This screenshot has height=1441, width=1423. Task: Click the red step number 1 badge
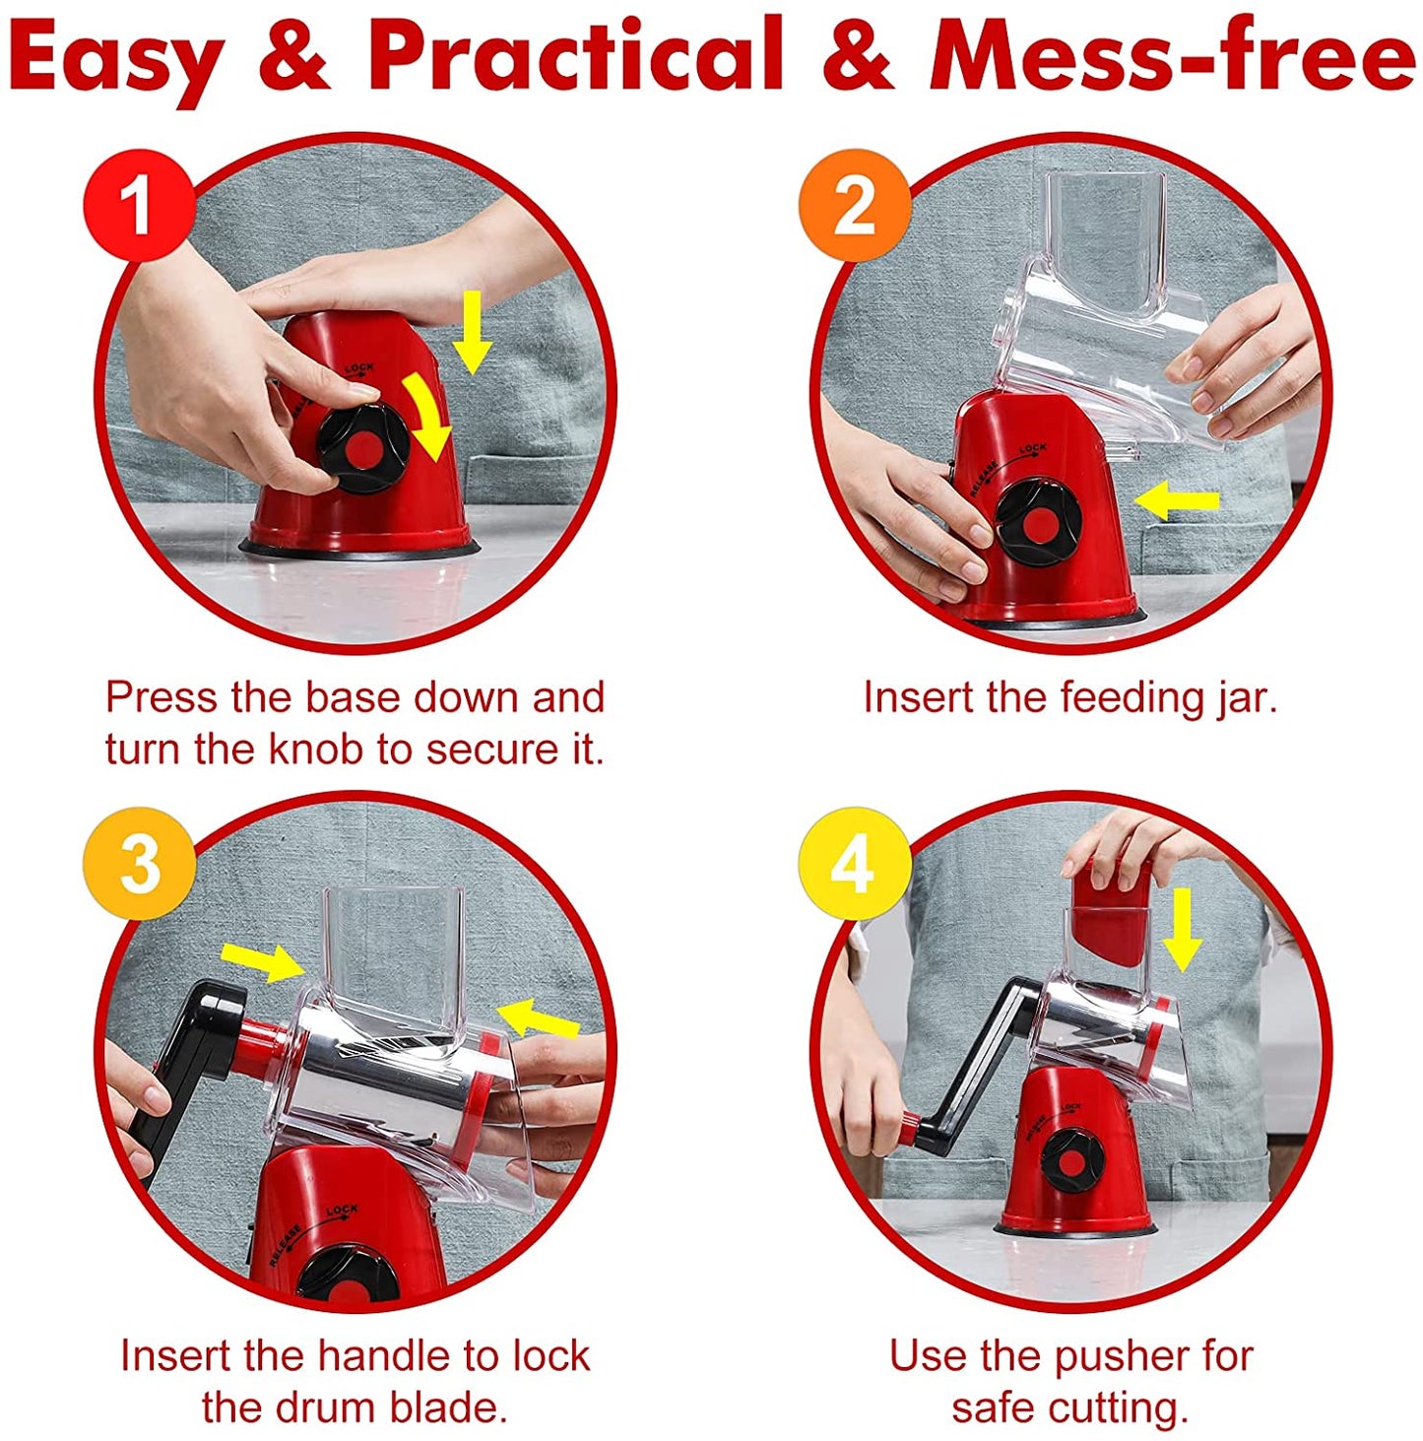pyautogui.click(x=140, y=207)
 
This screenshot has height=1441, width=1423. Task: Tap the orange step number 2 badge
pyautogui.click(x=854, y=207)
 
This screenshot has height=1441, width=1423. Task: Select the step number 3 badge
pyautogui.click(x=140, y=865)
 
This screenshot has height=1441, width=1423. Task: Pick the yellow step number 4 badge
pyautogui.click(x=854, y=865)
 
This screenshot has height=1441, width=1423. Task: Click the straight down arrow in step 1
pyautogui.click(x=474, y=333)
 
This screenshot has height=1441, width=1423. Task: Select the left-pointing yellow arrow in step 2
pyautogui.click(x=1176, y=500)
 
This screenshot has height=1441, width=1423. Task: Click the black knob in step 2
pyautogui.click(x=1037, y=523)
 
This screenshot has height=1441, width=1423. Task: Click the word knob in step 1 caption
pyautogui.click(x=315, y=750)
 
